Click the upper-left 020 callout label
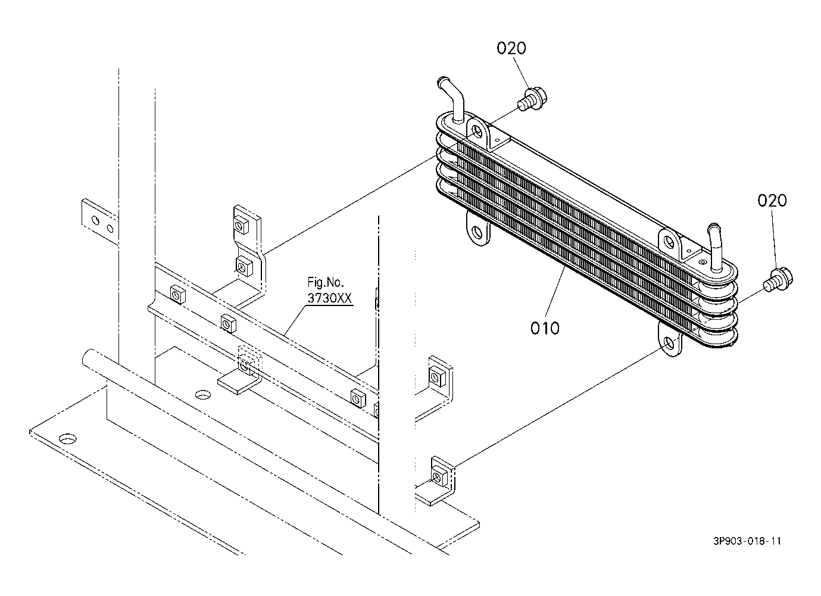tap(511, 48)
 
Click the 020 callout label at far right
tap(772, 201)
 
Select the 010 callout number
tap(545, 327)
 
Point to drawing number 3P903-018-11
tap(747, 541)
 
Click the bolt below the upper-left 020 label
tap(532, 99)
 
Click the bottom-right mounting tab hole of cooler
tap(669, 343)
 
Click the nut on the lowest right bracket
tap(439, 476)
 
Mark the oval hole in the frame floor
tap(204, 394)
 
